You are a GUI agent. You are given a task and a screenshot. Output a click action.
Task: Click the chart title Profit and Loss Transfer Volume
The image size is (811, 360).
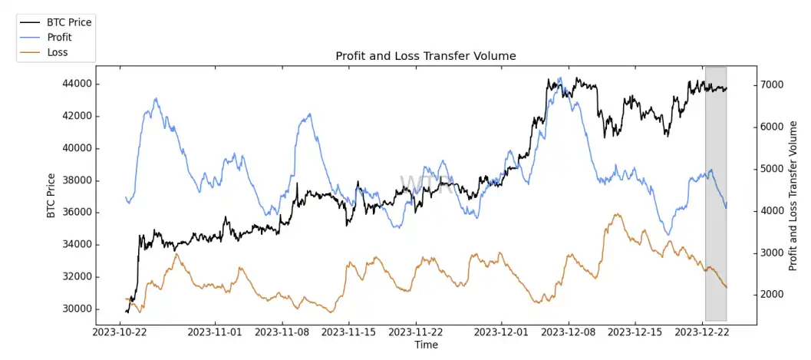point(426,56)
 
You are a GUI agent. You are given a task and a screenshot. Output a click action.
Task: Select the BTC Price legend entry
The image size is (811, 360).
point(69,22)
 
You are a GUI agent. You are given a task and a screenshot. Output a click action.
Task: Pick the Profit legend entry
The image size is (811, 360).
point(59,38)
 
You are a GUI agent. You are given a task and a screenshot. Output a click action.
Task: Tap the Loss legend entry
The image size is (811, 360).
point(58,52)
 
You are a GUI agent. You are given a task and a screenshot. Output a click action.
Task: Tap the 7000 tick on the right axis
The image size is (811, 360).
point(772,84)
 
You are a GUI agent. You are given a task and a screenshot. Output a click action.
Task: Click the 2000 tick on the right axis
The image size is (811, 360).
point(772,295)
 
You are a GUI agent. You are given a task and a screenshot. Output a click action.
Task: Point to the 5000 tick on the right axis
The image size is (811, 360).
point(772,169)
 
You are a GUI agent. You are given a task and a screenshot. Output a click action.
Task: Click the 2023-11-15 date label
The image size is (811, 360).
point(349,332)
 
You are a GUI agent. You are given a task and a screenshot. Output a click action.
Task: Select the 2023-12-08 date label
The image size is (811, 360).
point(569,332)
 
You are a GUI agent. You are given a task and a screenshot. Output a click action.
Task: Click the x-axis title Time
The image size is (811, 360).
point(426,345)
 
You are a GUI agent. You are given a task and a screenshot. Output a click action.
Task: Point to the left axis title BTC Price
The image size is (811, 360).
point(51,196)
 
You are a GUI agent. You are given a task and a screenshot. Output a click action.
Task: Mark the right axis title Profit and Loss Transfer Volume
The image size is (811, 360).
point(794,196)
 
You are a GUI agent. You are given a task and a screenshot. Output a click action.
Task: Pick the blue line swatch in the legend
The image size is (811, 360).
point(31,38)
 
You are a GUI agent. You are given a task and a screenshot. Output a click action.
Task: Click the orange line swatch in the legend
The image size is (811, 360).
point(31,52)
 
